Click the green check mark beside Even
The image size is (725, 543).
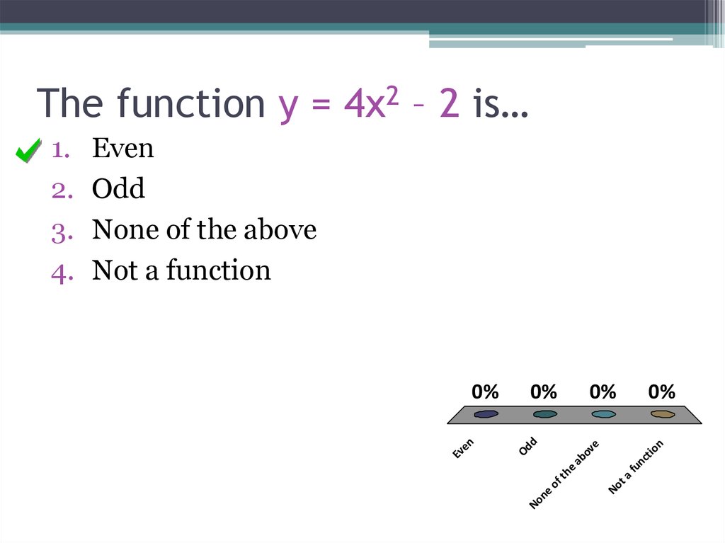pyautogui.click(x=28, y=151)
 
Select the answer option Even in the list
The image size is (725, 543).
pyautogui.click(x=122, y=148)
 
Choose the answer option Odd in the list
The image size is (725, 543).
pyautogui.click(x=118, y=189)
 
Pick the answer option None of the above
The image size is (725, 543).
pyautogui.click(x=204, y=229)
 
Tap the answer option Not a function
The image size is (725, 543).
pyautogui.click(x=181, y=270)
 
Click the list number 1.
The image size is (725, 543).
pyautogui.click(x=59, y=149)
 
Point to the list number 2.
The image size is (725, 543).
pyautogui.click(x=59, y=190)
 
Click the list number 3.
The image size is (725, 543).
pyautogui.click(x=59, y=231)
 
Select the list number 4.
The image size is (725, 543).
pyautogui.click(x=59, y=272)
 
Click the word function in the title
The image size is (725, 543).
pyautogui.click(x=190, y=103)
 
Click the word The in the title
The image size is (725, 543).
pyautogui.click(x=71, y=103)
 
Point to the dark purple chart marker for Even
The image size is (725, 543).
pyautogui.click(x=486, y=414)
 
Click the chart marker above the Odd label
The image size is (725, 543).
pyautogui.click(x=544, y=414)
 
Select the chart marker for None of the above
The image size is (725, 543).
pyautogui.click(x=603, y=414)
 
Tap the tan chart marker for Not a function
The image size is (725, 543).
pyautogui.click(x=662, y=414)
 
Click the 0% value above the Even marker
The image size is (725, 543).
pyautogui.click(x=486, y=391)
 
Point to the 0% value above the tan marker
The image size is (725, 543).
pyautogui.click(x=662, y=391)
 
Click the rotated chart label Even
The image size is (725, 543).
pyautogui.click(x=463, y=448)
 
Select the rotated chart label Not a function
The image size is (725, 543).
pyautogui.click(x=636, y=467)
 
